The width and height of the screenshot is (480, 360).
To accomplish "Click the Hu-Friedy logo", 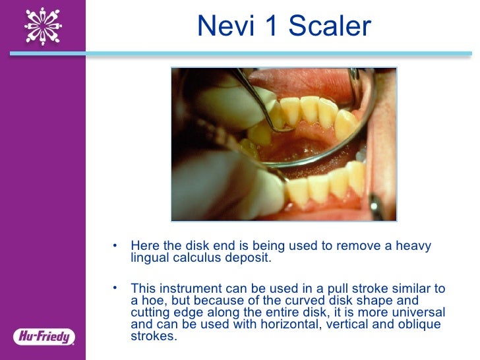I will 42,336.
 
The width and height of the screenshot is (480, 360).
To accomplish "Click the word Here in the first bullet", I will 143,247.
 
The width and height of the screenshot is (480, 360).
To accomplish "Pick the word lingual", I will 150,258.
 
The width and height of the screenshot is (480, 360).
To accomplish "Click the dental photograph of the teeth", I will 284,144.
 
